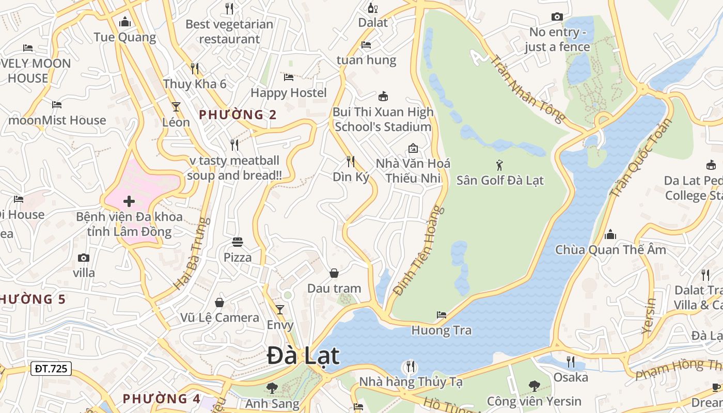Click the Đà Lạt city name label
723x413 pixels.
(x=304, y=356)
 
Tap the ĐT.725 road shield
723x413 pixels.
(x=52, y=369)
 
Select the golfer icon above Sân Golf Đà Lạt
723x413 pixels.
(x=499, y=165)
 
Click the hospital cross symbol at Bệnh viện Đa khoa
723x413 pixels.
(x=129, y=201)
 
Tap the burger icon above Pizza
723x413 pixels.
(x=238, y=242)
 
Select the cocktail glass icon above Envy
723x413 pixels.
(x=280, y=310)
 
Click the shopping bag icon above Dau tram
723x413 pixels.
(x=334, y=273)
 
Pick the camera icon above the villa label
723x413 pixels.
(x=84, y=258)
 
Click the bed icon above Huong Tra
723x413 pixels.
(x=442, y=314)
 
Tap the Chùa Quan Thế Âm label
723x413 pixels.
(x=610, y=250)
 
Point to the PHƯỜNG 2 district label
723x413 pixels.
(x=238, y=115)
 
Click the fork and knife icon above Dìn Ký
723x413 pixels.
(x=351, y=162)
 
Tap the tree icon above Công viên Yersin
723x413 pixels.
(x=535, y=386)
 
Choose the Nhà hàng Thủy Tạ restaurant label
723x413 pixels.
(x=411, y=382)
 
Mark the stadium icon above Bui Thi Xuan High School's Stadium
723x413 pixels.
(x=383, y=96)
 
